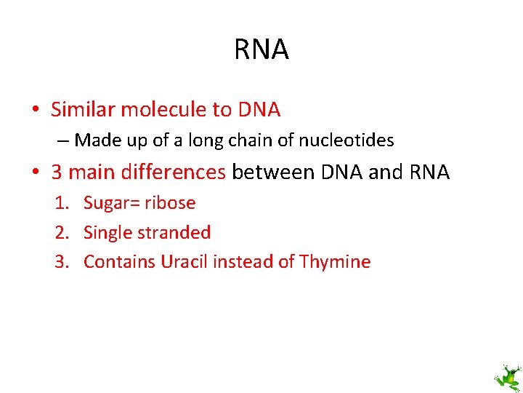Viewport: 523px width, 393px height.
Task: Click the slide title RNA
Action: point(261,49)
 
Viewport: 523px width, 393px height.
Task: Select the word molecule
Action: point(163,110)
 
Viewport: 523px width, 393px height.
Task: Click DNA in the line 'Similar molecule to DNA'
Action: point(257,110)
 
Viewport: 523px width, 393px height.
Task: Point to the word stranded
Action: point(174,233)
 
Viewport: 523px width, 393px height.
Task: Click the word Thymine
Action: point(337,262)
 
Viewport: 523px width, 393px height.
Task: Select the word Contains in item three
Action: point(120,262)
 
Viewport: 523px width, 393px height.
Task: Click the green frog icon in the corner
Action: point(507,378)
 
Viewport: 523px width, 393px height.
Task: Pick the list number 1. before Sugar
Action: point(63,203)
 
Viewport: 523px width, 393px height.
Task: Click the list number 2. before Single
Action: point(63,233)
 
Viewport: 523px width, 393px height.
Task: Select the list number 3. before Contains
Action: point(63,262)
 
